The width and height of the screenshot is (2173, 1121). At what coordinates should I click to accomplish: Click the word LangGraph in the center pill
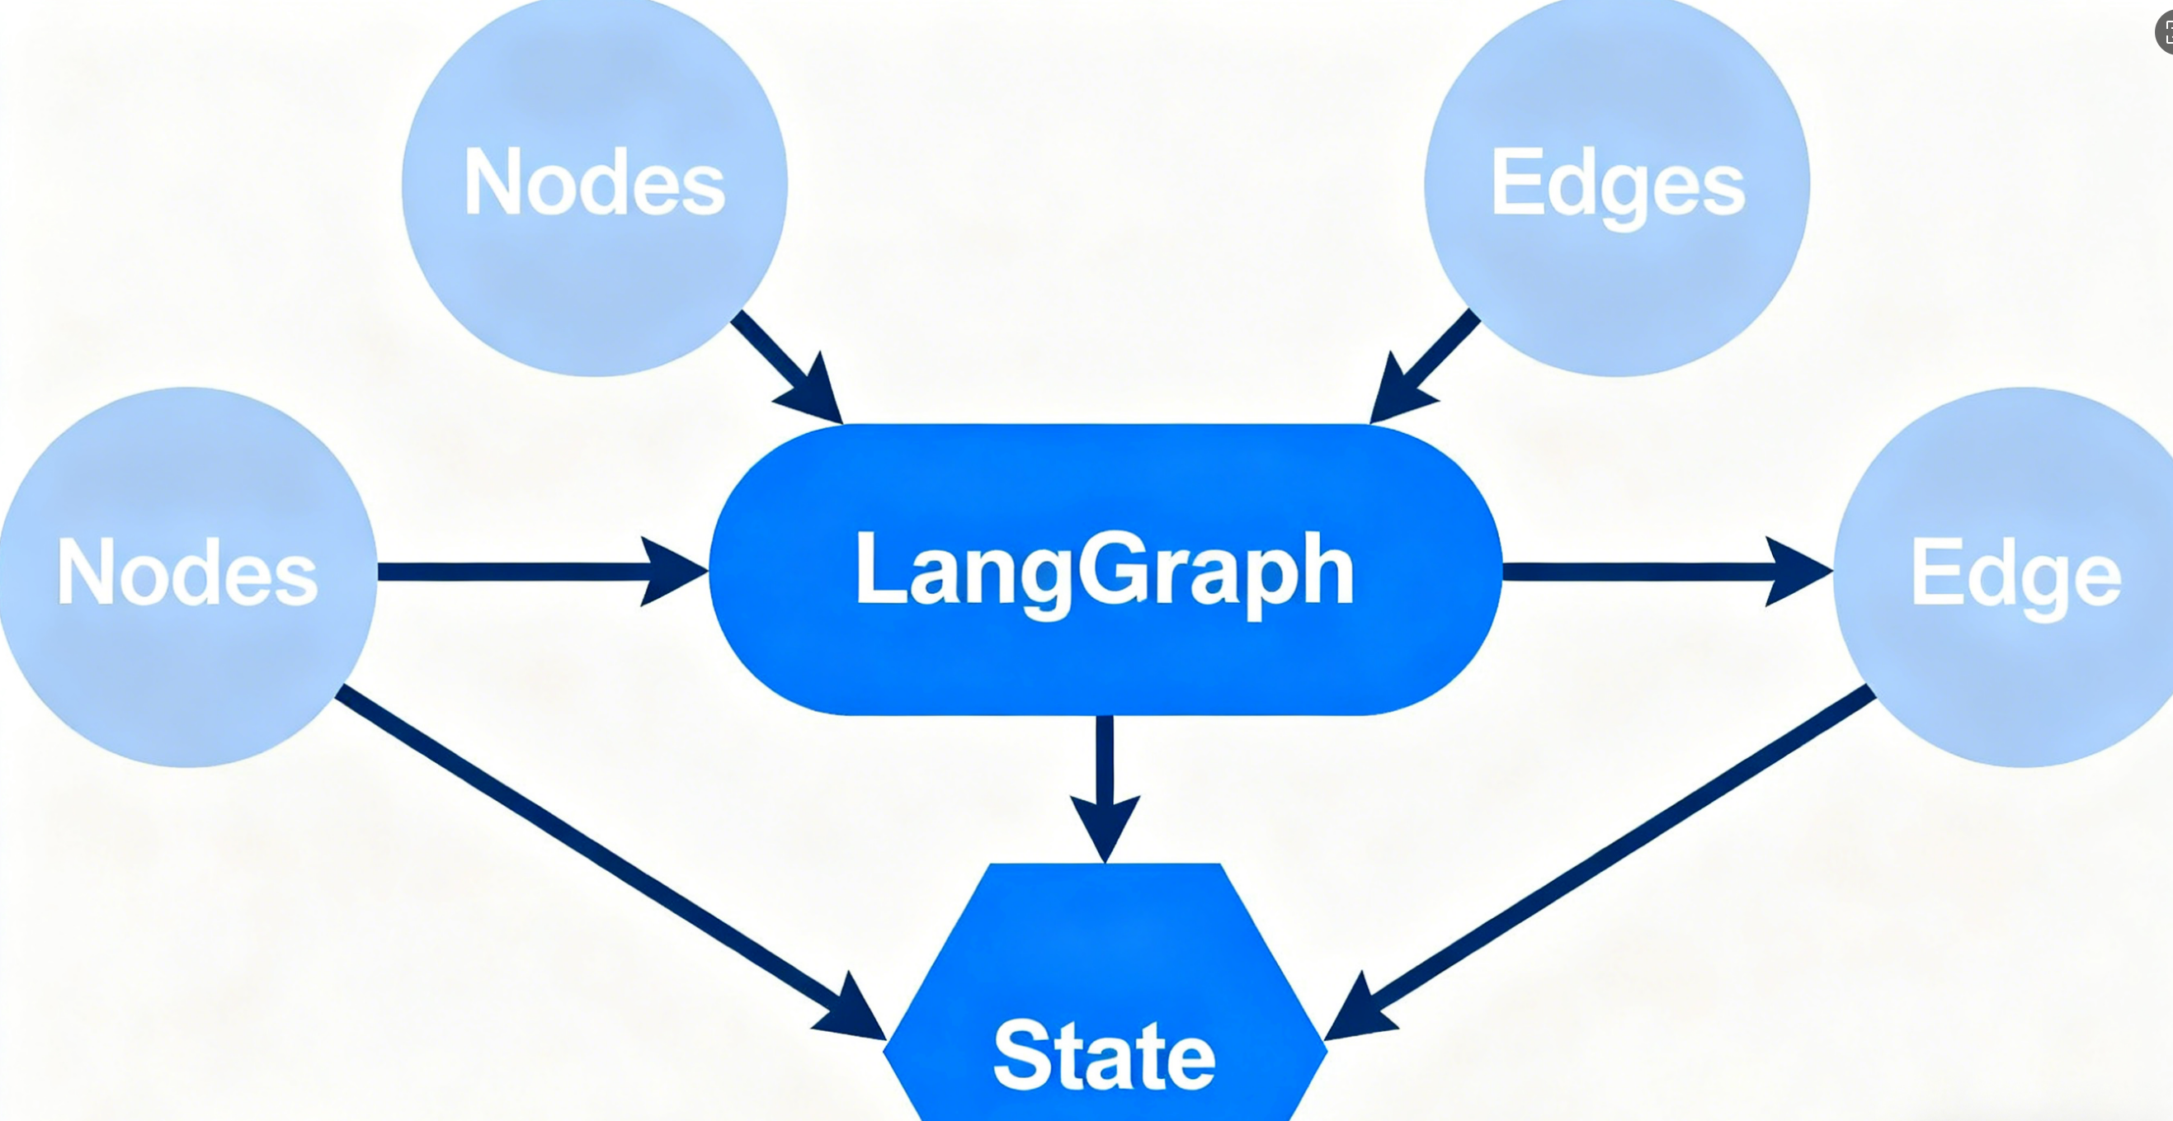coord(1105,571)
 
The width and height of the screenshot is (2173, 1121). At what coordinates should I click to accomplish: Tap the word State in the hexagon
coord(1105,1054)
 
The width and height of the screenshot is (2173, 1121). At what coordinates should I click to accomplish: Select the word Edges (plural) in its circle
coord(1618,185)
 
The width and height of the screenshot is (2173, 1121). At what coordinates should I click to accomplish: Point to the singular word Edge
coord(2016,576)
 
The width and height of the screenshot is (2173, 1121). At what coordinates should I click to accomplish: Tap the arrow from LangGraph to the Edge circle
coord(1645,572)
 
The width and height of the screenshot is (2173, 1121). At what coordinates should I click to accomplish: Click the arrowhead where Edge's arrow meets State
coord(1354,1012)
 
